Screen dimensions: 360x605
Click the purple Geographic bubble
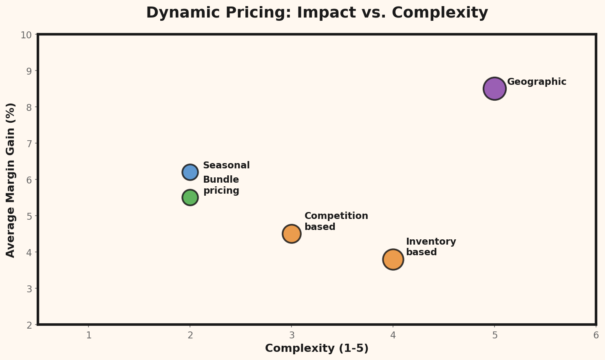pyautogui.click(x=494, y=88)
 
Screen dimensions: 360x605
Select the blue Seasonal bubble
pyautogui.click(x=190, y=172)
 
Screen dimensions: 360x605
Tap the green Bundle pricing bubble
pyautogui.click(x=190, y=197)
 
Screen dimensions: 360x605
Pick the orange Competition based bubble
pyautogui.click(x=291, y=234)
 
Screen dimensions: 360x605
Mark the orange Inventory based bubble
pyautogui.click(x=393, y=259)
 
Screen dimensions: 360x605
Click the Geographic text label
pyautogui.click(x=537, y=82)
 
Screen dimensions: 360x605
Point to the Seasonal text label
pyautogui.click(x=226, y=166)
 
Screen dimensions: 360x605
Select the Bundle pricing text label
pyautogui.click(x=221, y=185)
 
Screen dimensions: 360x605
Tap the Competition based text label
pyautogui.click(x=336, y=221)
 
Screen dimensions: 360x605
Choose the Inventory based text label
pyautogui.click(x=431, y=247)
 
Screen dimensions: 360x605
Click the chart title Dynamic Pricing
pyautogui.click(x=317, y=13)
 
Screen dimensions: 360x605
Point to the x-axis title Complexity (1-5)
pyautogui.click(x=317, y=349)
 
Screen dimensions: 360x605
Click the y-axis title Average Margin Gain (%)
pyautogui.click(x=11, y=180)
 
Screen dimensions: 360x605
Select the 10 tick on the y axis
pyautogui.click(x=26, y=35)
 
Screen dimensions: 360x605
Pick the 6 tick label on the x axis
pyautogui.click(x=596, y=336)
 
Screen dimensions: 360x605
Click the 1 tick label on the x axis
pyautogui.click(x=88, y=336)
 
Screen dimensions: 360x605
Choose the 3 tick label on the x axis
pyautogui.click(x=291, y=336)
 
